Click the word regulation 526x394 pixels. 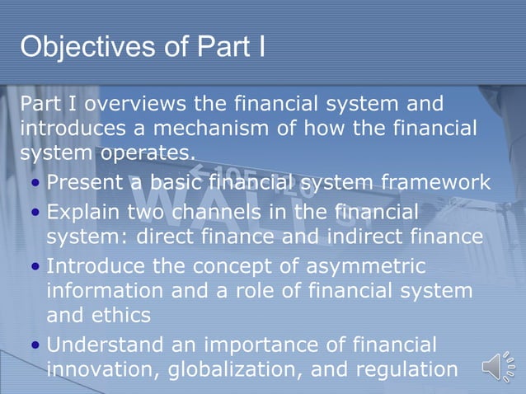[x=407, y=369]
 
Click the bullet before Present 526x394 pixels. [x=36, y=183]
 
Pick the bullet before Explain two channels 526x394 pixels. [x=36, y=213]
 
